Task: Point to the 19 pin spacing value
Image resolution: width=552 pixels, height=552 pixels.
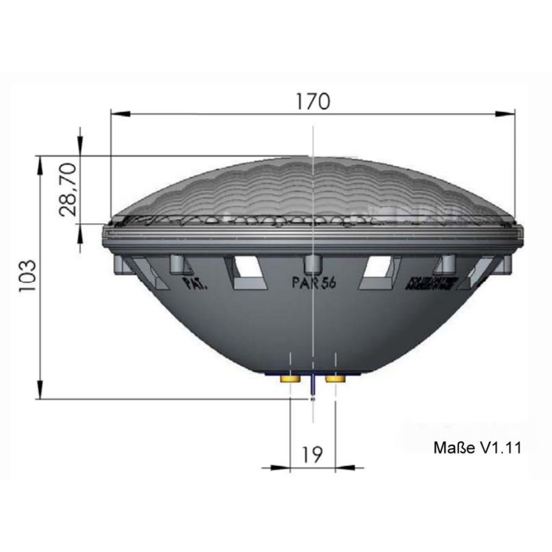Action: tap(312, 453)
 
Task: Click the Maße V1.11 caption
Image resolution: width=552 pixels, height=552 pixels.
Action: tap(477, 448)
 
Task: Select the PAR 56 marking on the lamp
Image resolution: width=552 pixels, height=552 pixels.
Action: tap(313, 282)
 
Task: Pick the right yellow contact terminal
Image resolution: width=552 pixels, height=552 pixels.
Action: tap(336, 378)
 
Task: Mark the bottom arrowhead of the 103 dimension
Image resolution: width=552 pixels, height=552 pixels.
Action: tap(41, 391)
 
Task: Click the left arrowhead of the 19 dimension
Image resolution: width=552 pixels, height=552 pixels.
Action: tap(281, 467)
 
